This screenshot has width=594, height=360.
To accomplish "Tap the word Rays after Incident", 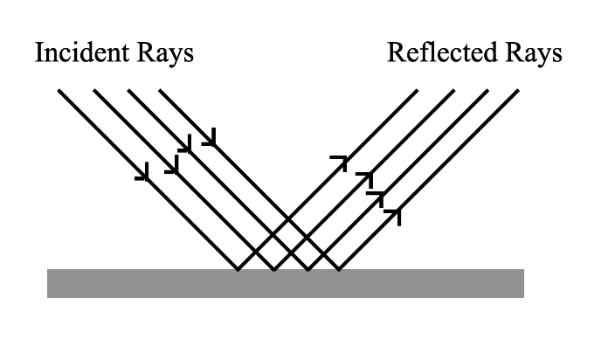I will tap(165, 54).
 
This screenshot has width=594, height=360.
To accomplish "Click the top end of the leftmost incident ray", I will tap(58, 89).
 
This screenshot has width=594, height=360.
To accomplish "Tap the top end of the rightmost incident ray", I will tap(159, 89).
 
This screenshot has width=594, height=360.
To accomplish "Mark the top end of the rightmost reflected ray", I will tap(519, 89).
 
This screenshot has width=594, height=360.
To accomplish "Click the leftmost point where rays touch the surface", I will tap(238, 269).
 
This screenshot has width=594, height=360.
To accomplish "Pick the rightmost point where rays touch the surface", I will tap(339, 269).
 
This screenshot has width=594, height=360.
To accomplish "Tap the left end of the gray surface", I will tap(49, 283).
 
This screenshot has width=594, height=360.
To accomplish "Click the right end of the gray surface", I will tap(522, 283).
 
